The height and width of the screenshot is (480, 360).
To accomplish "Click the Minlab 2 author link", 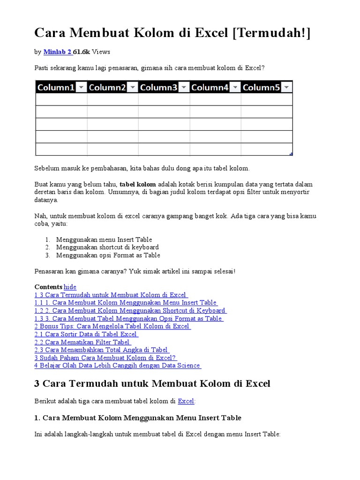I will click(x=57, y=52).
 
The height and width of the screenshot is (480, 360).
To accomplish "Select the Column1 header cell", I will click(x=56, y=87).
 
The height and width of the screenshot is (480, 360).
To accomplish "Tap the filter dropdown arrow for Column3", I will click(x=184, y=87).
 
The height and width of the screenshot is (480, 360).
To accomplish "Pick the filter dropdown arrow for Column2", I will click(x=132, y=87).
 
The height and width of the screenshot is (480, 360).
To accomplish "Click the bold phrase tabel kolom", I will click(x=138, y=184).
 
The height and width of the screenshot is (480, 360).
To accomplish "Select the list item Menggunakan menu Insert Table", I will click(x=104, y=240).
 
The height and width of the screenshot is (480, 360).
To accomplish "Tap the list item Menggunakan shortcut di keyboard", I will click(x=107, y=247).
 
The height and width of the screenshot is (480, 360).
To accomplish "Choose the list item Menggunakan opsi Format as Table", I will click(x=108, y=255).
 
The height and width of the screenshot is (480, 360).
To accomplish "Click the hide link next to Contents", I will click(x=70, y=287).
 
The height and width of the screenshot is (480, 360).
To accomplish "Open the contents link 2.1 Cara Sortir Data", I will click(x=86, y=334).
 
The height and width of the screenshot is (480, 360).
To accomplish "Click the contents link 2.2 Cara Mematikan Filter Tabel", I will click(x=82, y=342).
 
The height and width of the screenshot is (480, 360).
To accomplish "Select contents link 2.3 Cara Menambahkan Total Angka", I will click(x=101, y=350).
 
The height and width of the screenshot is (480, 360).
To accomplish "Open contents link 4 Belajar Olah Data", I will click(x=117, y=366).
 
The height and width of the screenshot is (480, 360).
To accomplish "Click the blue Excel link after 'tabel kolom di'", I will click(x=186, y=401).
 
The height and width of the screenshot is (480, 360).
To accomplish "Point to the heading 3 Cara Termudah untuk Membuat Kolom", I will click(x=152, y=383).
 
